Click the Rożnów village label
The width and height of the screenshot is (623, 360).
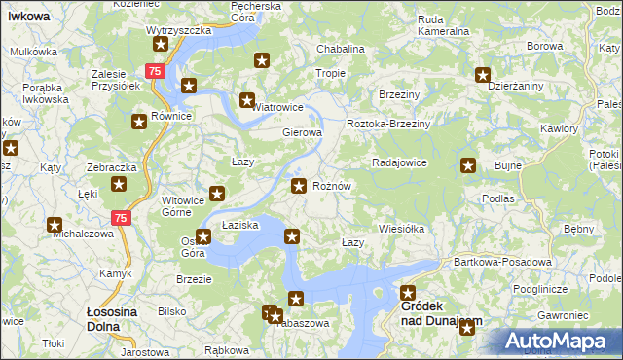(x=331, y=186)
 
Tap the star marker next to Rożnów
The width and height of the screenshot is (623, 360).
(x=300, y=185)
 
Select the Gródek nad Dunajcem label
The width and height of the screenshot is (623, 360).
(x=441, y=312)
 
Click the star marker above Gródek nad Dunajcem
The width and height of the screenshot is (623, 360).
(x=408, y=292)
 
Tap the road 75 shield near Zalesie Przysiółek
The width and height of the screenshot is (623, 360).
(x=154, y=71)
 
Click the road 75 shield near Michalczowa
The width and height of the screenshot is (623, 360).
(x=120, y=219)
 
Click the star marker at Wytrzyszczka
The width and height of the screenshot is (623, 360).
(x=161, y=44)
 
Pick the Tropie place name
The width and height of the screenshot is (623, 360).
(x=331, y=73)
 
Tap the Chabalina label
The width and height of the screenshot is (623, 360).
(x=341, y=49)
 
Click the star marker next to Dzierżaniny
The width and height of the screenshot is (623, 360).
(x=482, y=74)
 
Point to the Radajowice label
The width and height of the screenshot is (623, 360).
(x=400, y=162)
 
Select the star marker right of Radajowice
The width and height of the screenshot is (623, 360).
(x=468, y=165)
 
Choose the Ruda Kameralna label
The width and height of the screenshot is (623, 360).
(x=443, y=25)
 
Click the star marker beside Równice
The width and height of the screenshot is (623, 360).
(x=138, y=121)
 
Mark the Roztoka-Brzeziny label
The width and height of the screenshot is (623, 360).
(x=389, y=125)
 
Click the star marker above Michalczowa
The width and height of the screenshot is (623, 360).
(x=55, y=225)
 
